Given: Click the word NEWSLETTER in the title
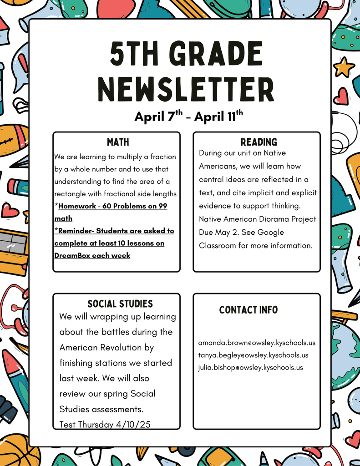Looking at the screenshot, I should tap(187, 89).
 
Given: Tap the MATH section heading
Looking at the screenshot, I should tap(117, 142).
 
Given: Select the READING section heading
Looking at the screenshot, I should tap(259, 142).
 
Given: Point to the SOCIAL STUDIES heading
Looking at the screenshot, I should tap(120, 304).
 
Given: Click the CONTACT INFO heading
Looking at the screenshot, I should tap(248, 310).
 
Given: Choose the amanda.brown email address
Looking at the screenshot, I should tap(257, 343).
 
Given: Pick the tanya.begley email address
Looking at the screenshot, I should tap(253, 355).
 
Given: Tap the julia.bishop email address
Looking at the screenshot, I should tap(250, 367).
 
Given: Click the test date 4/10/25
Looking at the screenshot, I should tap(133, 425).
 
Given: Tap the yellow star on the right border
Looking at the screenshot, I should tap(344, 67).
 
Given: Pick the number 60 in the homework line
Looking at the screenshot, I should tap(107, 206).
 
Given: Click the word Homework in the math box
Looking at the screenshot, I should tap(76, 206).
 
